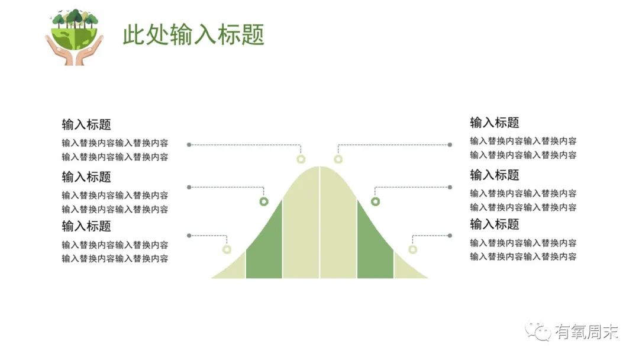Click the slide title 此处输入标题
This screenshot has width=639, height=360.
point(193,34)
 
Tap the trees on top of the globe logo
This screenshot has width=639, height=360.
point(74,19)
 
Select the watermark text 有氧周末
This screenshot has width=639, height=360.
point(586,332)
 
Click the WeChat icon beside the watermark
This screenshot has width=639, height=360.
point(538,332)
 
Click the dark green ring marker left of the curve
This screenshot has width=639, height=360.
point(264,202)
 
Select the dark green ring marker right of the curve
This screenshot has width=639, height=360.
point(375,202)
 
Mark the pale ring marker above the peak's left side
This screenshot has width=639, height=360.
point(301,159)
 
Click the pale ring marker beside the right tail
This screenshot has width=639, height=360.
point(413,249)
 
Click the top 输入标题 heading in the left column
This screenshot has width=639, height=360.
point(86,125)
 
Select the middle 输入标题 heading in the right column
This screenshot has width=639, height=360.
point(495,175)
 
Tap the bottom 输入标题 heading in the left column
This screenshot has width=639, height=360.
point(86,226)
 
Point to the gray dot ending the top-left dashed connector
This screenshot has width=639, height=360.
point(189,144)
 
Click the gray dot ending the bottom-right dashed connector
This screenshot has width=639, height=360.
point(450,236)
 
